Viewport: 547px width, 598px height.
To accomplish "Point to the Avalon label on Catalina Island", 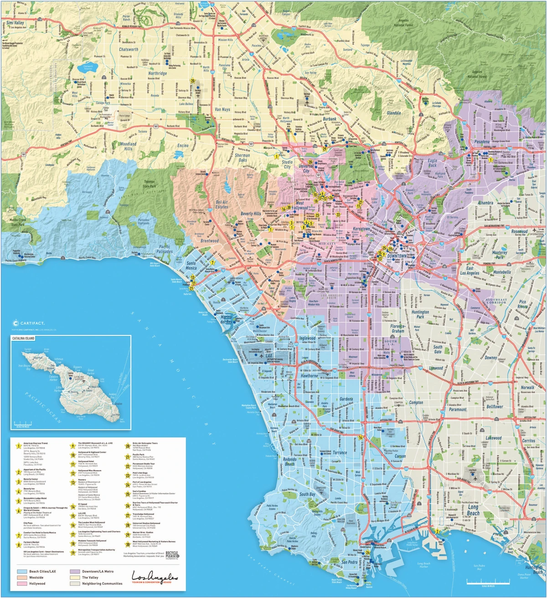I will [118, 404].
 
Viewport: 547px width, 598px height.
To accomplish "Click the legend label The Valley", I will [90, 577].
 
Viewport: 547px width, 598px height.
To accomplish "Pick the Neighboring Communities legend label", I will [102, 583].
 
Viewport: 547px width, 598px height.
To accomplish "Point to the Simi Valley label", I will [13, 23].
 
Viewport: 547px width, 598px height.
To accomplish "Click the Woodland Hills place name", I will [128, 146].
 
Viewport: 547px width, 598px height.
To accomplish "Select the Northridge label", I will [157, 73].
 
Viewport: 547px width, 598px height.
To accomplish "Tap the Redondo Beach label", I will [289, 461].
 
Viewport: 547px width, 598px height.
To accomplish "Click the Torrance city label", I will [339, 453].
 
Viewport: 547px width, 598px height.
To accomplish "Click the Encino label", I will [183, 146].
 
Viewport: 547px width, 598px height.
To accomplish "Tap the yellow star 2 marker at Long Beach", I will [437, 531].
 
